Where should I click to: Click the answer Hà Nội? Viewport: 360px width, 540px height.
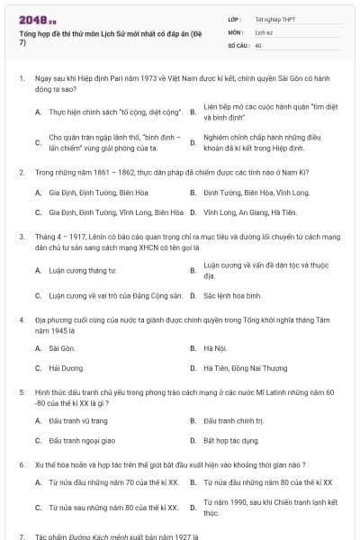click(x=214, y=347)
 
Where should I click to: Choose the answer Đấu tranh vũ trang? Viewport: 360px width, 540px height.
click(x=78, y=420)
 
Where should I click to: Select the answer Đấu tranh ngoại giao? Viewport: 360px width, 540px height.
click(x=82, y=441)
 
